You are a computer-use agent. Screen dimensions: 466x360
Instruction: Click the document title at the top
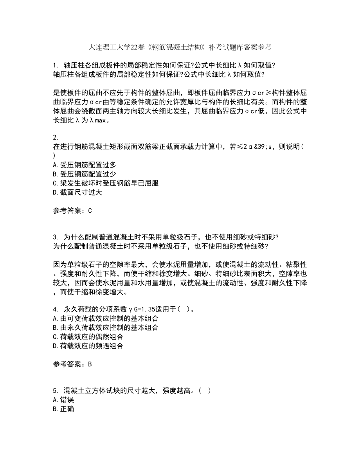(x=180, y=47)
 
